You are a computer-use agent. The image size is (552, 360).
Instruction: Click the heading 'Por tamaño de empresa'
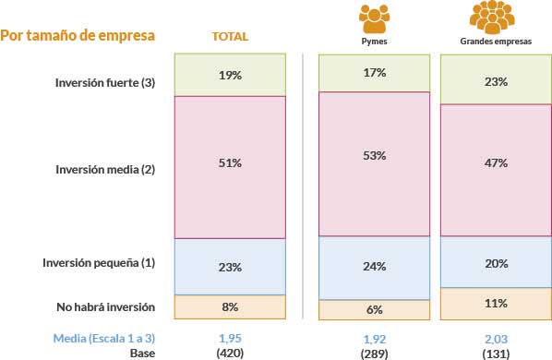point(78,36)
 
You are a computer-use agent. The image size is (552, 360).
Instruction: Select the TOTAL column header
point(231,37)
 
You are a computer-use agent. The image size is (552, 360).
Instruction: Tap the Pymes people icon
point(374,17)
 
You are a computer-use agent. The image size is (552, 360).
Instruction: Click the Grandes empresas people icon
point(495,17)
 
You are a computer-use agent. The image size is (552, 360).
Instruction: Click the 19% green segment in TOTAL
point(230,75)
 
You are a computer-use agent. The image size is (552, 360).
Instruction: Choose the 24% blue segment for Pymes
point(374,268)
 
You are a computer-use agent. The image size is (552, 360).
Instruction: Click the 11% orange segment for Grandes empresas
point(495,303)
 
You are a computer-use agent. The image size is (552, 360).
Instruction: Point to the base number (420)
point(230,352)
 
